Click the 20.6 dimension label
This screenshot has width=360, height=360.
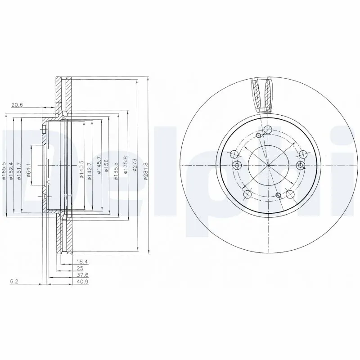coord(17,105)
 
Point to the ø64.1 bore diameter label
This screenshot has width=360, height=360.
coord(28,170)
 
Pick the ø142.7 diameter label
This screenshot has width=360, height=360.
coord(90,171)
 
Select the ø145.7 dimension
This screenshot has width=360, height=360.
coord(98,171)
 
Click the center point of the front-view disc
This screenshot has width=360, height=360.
coord(268,165)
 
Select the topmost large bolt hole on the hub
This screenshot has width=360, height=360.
coord(268,130)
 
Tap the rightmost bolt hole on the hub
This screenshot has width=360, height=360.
coord(301,166)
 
